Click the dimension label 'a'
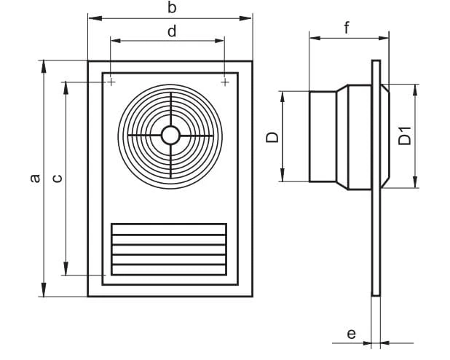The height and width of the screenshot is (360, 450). pos(35,178)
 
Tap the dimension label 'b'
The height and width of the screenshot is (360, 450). pos(172,8)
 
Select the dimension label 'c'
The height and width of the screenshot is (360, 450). pos(58,178)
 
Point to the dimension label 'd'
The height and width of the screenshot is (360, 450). pos(172,31)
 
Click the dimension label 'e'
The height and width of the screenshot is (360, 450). pos(351,334)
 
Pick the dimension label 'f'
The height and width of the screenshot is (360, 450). pos(347,28)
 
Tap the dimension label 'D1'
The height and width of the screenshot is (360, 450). pos(405,136)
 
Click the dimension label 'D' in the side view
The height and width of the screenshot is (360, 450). pos(272,137)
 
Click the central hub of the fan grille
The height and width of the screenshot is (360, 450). pos(170,135)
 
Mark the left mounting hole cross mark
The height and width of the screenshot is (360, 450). pos(111,82)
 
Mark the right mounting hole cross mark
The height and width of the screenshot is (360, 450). pos(225,82)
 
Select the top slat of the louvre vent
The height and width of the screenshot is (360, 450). pos(169,230)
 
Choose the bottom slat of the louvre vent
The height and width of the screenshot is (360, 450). pos(169,270)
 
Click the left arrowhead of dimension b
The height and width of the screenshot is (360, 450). pos(95,18)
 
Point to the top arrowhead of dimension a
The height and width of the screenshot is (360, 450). pos(44,67)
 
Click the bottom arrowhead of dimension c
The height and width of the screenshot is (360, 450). pos(66,268)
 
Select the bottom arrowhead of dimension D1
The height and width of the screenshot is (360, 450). pos(415,181)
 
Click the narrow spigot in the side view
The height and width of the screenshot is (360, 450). pos(323,137)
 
